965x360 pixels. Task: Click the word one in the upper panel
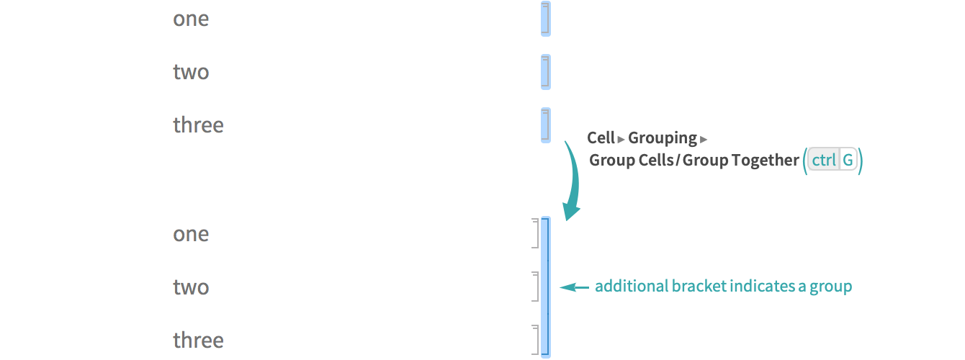coord(191,19)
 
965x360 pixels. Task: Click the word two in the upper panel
coord(191,72)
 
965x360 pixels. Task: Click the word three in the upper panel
coord(198,125)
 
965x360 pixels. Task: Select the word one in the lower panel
coord(191,234)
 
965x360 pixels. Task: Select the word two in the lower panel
coord(191,287)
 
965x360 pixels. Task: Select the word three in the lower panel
coord(198,341)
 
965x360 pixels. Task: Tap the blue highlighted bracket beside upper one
coord(545,19)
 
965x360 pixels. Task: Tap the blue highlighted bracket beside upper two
coord(545,72)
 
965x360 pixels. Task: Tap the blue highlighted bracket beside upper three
coord(545,125)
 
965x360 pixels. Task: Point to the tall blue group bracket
coord(545,287)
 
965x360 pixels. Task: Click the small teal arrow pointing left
coord(574,287)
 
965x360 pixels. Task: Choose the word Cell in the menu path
coord(601,138)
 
